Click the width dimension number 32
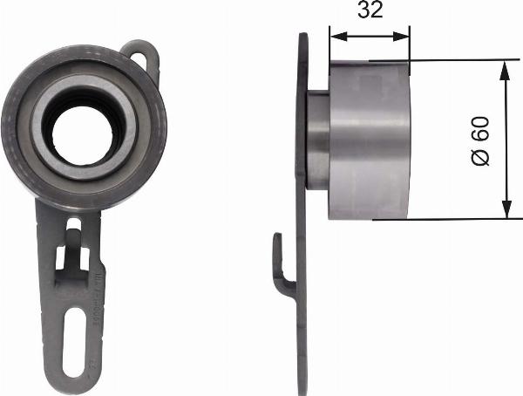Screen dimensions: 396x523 pos(369,12)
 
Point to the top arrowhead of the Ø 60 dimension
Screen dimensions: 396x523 pos(506,67)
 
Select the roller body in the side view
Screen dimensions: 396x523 pos(370,140)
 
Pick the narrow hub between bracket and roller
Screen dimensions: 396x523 pos(318,140)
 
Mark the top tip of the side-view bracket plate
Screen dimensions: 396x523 pos(302,38)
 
